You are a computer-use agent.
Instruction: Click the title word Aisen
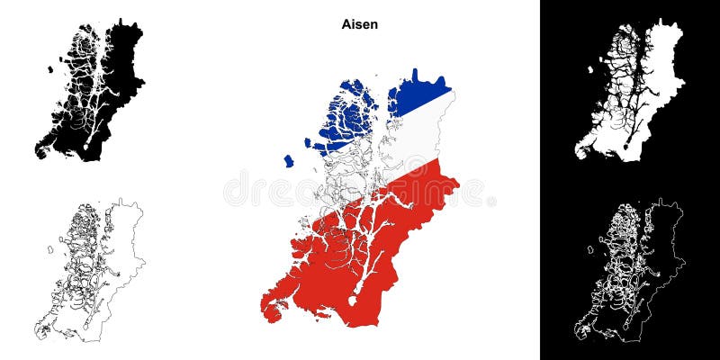coord(359,25)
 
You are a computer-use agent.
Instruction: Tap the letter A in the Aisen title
coord(345,25)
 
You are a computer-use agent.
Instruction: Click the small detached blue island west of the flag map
coord(288,161)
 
